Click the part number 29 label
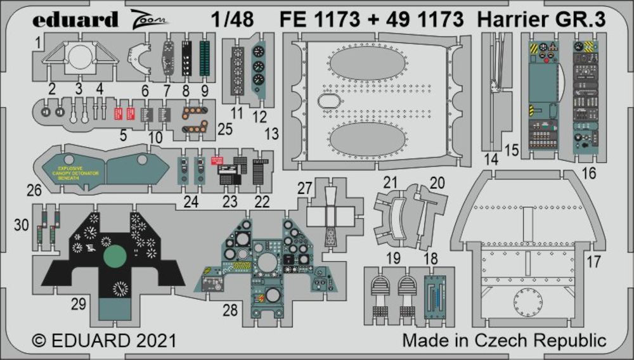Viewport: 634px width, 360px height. click(x=78, y=304)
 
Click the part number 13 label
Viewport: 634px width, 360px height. click(x=271, y=134)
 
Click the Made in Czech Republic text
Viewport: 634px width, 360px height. click(x=504, y=340)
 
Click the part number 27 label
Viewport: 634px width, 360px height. click(x=305, y=188)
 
